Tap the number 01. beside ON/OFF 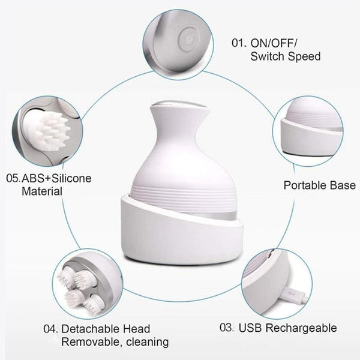(239, 43)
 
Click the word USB (250, 328)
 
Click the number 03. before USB (227, 328)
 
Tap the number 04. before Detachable (51, 329)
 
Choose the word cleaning (148, 343)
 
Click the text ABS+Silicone (56, 179)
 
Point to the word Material (42, 191)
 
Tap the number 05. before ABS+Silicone (13, 178)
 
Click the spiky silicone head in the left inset (47, 130)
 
